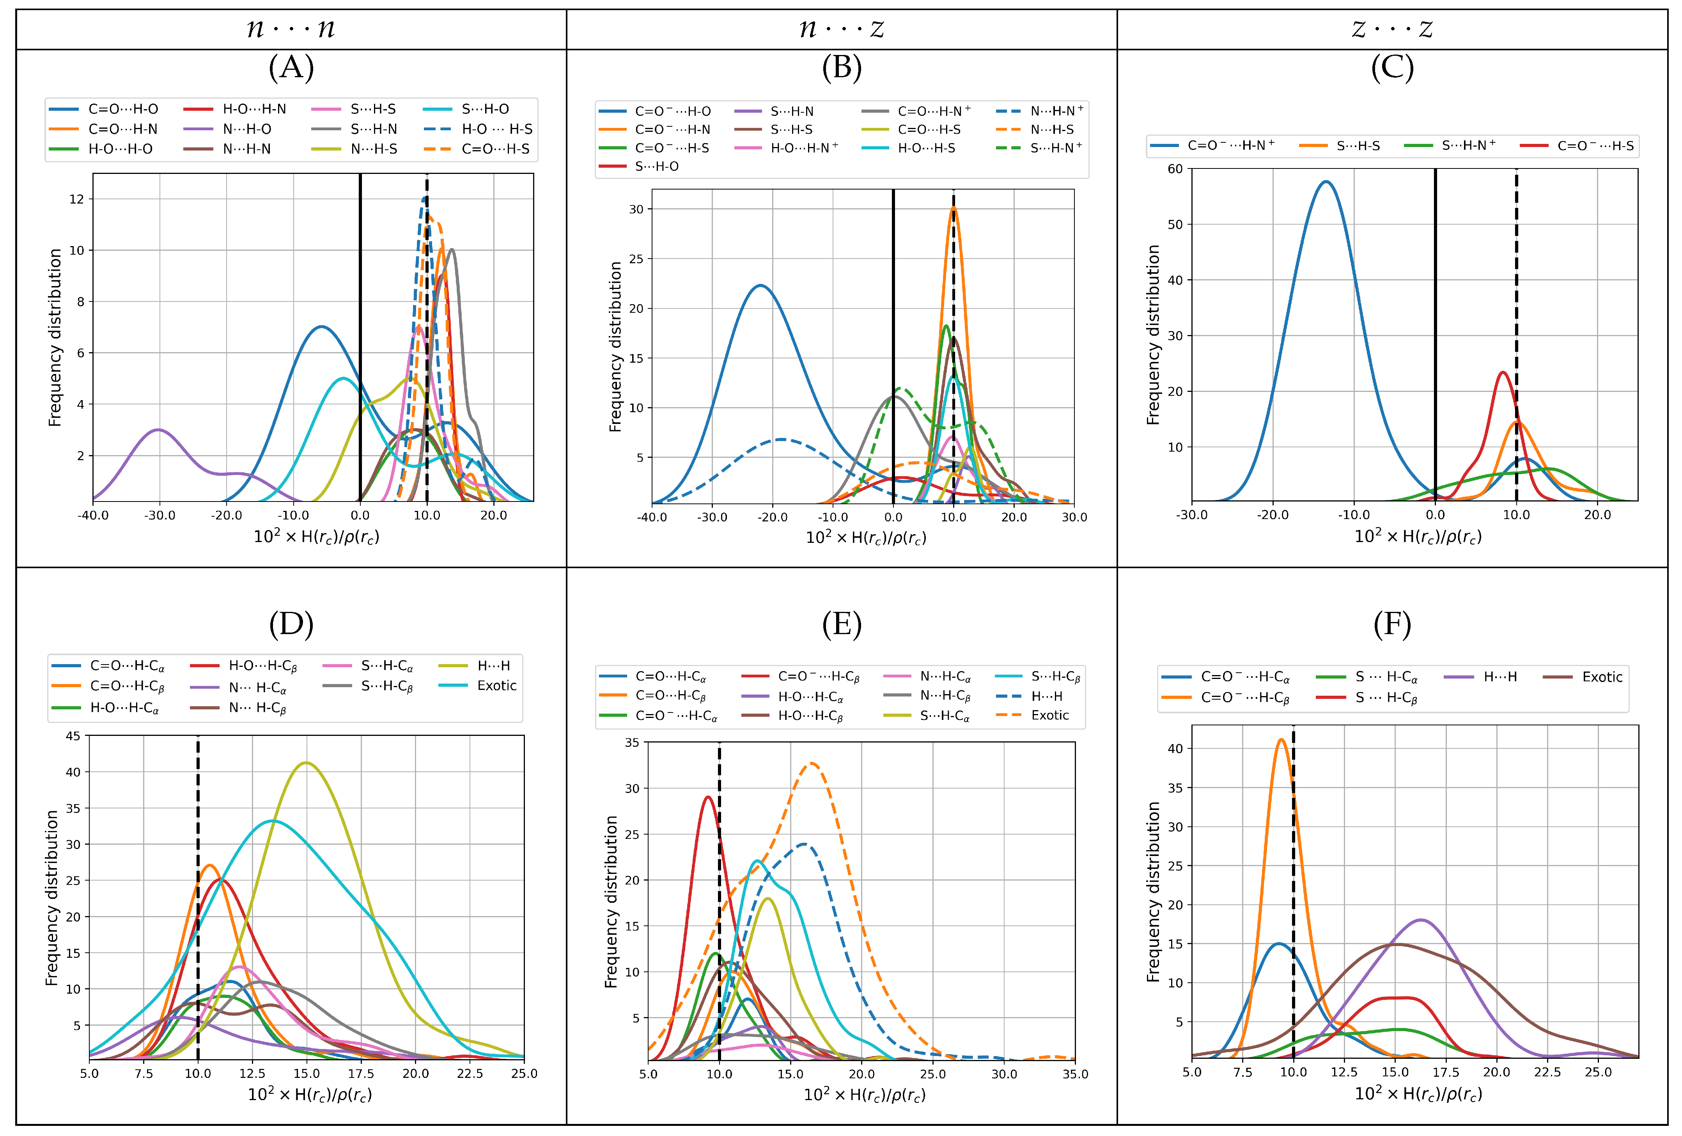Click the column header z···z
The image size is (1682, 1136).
1392,29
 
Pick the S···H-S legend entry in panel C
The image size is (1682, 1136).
1358,145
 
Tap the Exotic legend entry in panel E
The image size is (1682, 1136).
1049,715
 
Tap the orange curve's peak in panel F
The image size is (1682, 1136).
1281,739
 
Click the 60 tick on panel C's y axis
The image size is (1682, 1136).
1175,168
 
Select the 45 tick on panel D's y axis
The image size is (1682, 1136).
73,736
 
